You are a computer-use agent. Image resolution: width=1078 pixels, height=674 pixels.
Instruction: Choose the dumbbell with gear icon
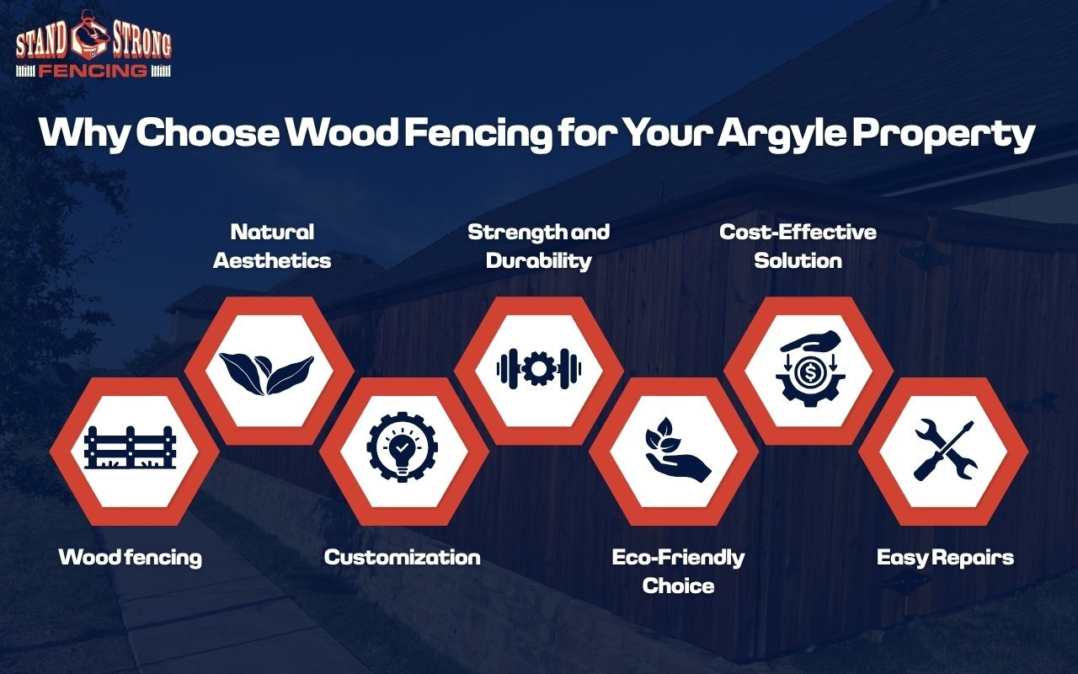[x=538, y=368]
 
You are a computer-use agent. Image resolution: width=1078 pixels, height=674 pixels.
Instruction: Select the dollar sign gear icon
[x=808, y=368]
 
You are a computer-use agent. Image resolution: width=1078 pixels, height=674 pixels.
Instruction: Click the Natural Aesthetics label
[x=271, y=246]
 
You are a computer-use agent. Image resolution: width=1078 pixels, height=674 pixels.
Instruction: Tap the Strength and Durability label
[x=538, y=246]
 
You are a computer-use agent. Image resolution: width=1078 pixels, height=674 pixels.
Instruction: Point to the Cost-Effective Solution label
[x=798, y=246]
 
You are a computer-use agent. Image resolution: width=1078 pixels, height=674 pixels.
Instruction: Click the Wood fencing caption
[x=130, y=557]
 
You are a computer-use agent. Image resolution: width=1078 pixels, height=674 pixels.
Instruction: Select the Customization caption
[x=403, y=557]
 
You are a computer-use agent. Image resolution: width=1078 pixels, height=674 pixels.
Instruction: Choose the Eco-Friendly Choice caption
[x=678, y=570]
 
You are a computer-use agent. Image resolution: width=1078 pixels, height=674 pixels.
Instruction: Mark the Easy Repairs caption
[x=945, y=557]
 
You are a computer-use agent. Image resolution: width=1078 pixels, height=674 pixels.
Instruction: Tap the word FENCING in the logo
[x=93, y=70]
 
